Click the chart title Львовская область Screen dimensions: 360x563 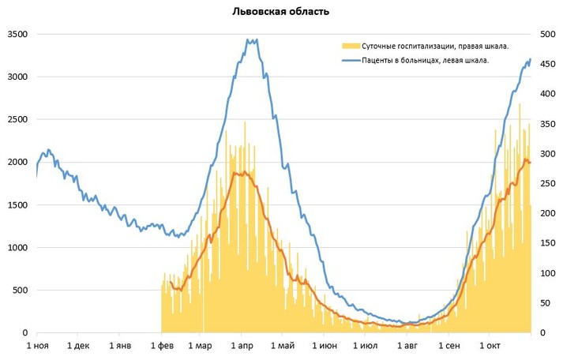point(281,12)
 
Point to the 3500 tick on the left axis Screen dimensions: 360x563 point(17,35)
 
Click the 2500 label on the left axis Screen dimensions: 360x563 point(17,120)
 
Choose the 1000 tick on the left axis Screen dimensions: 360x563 point(17,248)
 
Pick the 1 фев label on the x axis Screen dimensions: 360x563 point(161,347)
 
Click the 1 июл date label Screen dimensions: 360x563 point(365,347)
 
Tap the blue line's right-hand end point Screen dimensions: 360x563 point(531,58)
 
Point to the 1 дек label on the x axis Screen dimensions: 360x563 point(78,347)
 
